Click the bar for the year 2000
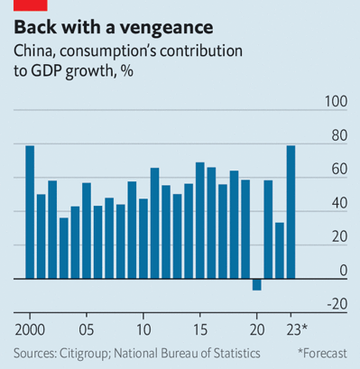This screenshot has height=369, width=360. point(30,212)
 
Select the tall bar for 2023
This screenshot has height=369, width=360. point(291,212)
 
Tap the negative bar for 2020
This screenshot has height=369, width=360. point(256,285)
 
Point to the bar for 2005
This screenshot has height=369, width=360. point(87,231)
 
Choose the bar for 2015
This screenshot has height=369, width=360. point(199,221)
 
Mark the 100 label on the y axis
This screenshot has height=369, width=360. point(335,104)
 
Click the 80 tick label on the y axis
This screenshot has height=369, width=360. point(337,137)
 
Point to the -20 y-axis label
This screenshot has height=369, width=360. point(335,303)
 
